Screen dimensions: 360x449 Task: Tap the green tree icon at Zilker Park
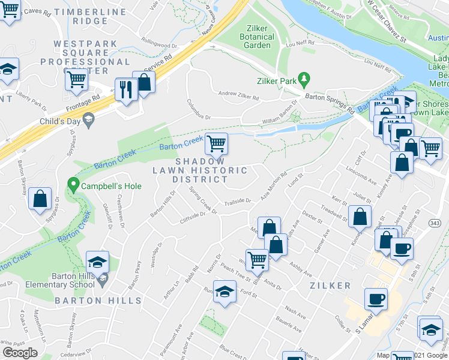[304, 78]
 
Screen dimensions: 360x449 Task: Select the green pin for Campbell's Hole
[74, 185]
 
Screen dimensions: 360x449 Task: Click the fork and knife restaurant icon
[126, 89]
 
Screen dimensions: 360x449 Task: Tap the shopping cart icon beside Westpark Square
[76, 79]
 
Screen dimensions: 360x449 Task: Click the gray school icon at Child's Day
[89, 120]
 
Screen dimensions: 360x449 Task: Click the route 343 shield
[435, 223]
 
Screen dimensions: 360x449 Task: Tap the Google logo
[19, 353]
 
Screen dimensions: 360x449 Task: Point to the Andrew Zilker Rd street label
[238, 94]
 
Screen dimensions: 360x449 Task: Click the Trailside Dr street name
[238, 202]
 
